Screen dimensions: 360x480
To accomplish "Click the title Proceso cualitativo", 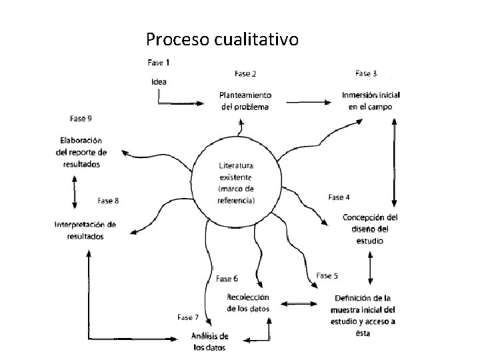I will [222, 40].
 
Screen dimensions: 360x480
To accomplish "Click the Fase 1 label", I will [158, 63].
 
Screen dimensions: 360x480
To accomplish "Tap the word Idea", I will [159, 82].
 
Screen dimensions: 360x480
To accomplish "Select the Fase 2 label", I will [245, 73].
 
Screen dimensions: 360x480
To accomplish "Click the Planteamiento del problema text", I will [245, 101].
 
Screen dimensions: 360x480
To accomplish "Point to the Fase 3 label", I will [367, 73].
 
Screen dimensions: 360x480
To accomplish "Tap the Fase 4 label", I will [339, 197].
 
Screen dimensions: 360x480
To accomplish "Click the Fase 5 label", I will [327, 275].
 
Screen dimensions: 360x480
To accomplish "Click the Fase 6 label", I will [227, 278].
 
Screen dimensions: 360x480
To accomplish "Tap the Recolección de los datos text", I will [248, 303].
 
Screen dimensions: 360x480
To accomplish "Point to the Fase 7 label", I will [188, 317].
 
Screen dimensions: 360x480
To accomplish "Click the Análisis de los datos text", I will [210, 341].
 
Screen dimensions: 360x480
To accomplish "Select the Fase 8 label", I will [109, 200].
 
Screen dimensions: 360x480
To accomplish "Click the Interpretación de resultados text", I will [85, 230].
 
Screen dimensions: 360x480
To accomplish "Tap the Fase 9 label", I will [81, 119].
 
